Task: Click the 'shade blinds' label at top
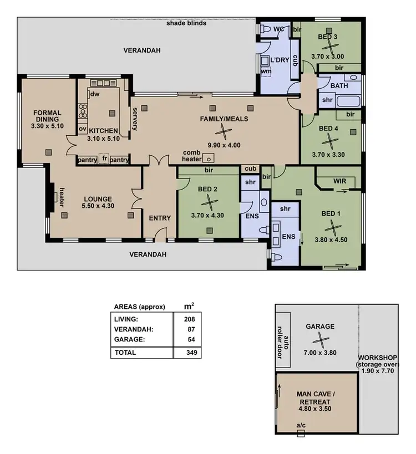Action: [x=186, y=23]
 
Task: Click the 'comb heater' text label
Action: [x=191, y=156]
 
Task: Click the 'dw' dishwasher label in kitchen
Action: [x=95, y=94]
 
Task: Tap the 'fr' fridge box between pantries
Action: [x=103, y=160]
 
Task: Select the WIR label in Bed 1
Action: [x=340, y=181]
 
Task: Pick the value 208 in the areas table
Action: [x=190, y=319]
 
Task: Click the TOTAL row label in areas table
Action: [x=125, y=352]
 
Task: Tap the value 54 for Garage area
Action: [x=190, y=339]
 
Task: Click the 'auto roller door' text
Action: [x=283, y=347]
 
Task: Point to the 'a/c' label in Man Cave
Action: [x=301, y=426]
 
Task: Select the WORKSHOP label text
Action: [x=378, y=358]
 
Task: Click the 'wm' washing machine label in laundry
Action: [x=266, y=71]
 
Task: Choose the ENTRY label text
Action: [x=160, y=218]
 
